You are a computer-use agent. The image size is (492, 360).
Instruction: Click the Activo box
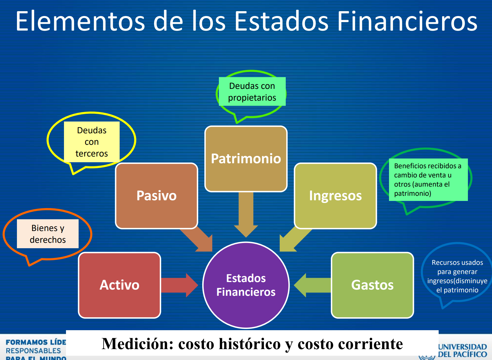click(x=119, y=285)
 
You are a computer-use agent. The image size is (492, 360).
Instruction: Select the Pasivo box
click(x=156, y=196)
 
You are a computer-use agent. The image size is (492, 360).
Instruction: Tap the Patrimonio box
click(x=246, y=159)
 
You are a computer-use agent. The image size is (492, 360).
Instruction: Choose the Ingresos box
click(x=335, y=196)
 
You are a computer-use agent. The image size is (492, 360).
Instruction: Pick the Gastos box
click(x=372, y=285)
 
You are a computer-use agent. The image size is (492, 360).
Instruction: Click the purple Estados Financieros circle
click(x=246, y=285)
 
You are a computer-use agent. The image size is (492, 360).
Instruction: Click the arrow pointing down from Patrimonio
click(x=246, y=215)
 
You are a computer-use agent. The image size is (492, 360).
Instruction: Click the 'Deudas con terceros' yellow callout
click(x=92, y=142)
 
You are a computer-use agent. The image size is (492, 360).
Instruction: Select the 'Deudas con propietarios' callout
click(x=252, y=92)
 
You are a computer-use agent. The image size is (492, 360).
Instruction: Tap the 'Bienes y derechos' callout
click(x=48, y=234)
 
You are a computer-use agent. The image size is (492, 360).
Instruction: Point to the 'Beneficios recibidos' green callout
click(x=427, y=179)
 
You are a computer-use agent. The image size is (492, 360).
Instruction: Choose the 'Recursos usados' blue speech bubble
click(x=457, y=276)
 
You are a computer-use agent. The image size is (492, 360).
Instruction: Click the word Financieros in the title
click(x=407, y=21)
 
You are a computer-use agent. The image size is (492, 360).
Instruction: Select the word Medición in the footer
click(x=138, y=344)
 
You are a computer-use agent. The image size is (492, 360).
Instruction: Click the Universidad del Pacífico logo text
click(x=462, y=351)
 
